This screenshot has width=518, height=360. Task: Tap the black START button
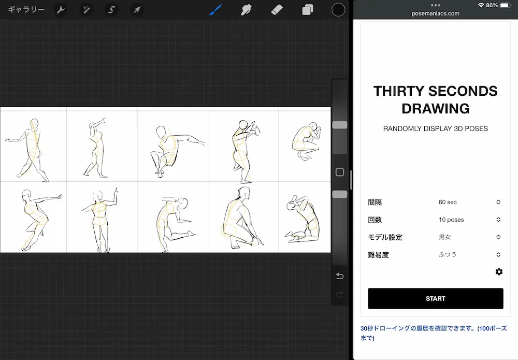[x=435, y=298]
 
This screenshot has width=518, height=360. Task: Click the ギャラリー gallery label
[x=26, y=10]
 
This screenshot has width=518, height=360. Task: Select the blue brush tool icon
[x=215, y=10]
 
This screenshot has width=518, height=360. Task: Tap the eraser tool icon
[x=277, y=10]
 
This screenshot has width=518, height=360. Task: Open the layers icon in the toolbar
[x=308, y=10]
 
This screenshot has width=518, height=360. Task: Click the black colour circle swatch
[x=338, y=10]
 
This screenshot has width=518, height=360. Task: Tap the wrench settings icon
[x=61, y=10]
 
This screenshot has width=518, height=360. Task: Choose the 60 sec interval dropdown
[x=469, y=202]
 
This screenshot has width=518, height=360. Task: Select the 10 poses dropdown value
[x=469, y=220]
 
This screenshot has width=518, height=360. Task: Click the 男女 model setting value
[x=469, y=237]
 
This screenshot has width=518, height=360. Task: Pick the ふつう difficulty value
[x=469, y=255]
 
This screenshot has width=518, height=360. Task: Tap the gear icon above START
[x=499, y=272]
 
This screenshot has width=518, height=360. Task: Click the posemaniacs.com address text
[x=436, y=13]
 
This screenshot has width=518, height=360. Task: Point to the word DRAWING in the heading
[x=436, y=109]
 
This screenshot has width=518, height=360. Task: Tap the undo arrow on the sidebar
[x=340, y=276]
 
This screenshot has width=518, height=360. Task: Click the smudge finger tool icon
[x=246, y=10]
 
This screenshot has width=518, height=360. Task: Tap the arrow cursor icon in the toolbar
[x=137, y=10]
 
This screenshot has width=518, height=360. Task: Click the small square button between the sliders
[x=340, y=172]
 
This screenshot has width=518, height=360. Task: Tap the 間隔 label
[x=375, y=202]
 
